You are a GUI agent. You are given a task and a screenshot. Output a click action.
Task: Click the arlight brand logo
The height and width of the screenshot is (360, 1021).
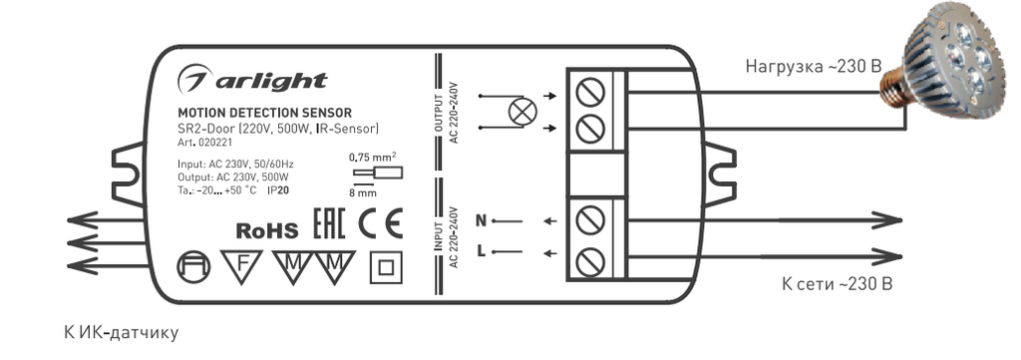coord(252,81)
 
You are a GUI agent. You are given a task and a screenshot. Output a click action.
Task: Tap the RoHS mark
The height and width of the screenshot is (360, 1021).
coord(266,230)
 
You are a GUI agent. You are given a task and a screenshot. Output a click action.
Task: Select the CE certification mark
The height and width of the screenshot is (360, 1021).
coord(381,223)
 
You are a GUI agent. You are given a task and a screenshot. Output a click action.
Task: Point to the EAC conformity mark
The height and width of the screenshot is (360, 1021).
coord(329,224)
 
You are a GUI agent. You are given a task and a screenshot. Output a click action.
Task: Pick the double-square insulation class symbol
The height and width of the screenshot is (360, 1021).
coord(386,267)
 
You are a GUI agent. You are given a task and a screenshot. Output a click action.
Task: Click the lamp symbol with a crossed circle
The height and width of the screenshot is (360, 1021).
coord(521,112)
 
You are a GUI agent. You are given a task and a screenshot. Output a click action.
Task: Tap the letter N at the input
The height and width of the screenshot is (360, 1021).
coord(482,220)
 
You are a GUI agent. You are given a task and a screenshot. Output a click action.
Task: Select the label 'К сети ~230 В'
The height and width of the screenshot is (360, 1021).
coord(837,284)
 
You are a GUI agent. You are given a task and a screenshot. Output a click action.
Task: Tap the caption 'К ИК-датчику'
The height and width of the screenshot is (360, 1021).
coord(121,333)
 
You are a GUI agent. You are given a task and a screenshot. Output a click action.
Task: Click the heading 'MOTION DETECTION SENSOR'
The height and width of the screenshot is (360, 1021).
coord(264,114)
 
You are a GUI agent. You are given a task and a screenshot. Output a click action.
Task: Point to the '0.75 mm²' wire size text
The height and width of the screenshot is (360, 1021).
coord(373,156)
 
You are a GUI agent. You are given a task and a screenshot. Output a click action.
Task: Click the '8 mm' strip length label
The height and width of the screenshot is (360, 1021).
coord(363,192)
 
